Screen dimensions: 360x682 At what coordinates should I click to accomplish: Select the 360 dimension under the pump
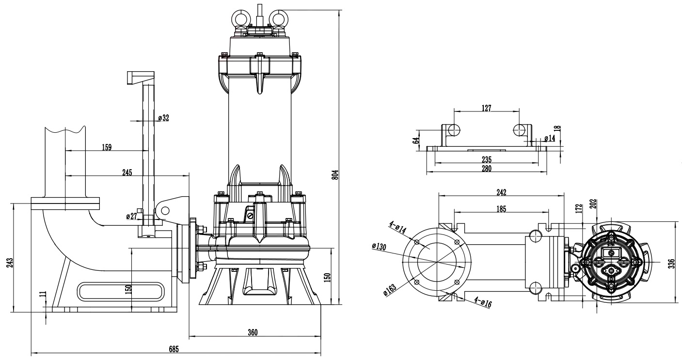tap(253, 332)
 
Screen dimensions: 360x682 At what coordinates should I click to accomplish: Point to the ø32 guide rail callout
tap(163, 118)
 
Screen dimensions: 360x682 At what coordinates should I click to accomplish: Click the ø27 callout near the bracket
tap(131, 216)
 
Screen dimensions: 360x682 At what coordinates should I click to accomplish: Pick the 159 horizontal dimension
tap(107, 147)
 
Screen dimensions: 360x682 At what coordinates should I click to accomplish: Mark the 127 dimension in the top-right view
tap(486, 108)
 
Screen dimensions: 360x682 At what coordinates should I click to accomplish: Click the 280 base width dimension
tap(486, 169)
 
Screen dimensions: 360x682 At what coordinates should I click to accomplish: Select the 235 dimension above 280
tap(486, 159)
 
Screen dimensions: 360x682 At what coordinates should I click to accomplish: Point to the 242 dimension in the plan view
tap(501, 192)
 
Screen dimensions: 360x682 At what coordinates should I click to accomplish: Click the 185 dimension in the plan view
tap(501, 209)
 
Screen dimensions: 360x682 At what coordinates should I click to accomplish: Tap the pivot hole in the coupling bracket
tap(165, 210)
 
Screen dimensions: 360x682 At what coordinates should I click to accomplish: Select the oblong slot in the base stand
tap(119, 292)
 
